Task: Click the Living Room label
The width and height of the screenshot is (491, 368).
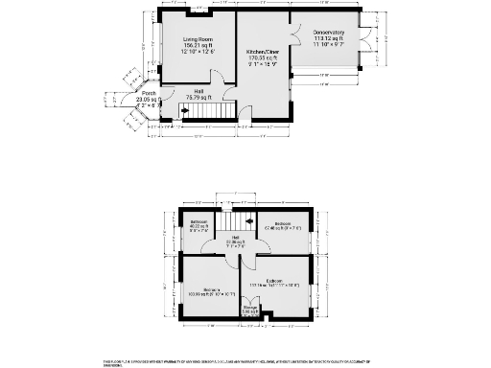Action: coord(199,39)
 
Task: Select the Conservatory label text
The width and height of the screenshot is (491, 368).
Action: coord(328,32)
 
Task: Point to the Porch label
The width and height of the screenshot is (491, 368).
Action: coord(149,93)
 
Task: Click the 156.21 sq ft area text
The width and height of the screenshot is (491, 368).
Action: coord(199,45)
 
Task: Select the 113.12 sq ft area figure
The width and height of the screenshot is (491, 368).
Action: coord(328,38)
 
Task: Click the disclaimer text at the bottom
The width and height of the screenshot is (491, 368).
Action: coord(245,362)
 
